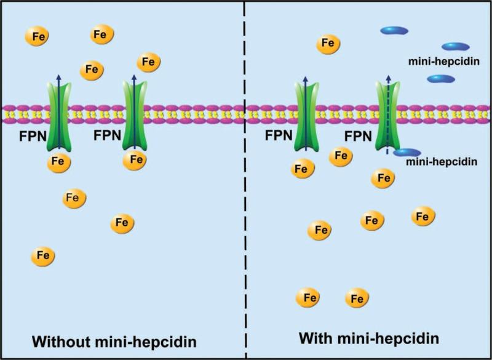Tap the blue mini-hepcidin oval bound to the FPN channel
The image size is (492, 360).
tap(407, 152)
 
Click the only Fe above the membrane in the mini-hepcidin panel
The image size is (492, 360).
tap(328, 44)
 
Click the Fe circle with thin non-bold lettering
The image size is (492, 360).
tap(74, 198)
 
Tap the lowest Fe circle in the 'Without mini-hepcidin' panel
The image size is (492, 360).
tap(43, 255)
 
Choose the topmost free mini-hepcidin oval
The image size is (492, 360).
tap(394, 30)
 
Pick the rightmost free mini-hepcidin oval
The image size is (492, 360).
tap(456, 46)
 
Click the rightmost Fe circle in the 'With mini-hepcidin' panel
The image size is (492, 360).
tap(423, 216)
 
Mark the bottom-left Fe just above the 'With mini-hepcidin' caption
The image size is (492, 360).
tap(309, 298)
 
